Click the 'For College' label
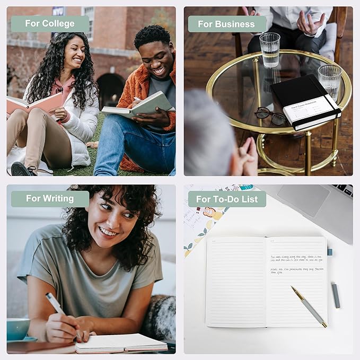click(50, 24)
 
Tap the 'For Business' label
click(226, 24)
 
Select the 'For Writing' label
click(50, 198)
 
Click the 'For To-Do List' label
click(227, 199)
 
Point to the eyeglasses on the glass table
click(270, 115)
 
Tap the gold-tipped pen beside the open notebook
click(309, 306)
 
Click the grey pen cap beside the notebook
click(336, 295)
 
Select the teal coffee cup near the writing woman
click(17, 329)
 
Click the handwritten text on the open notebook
click(296, 264)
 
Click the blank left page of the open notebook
click(236, 281)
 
